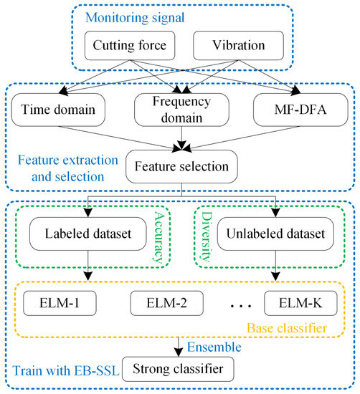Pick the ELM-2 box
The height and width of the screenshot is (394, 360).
(163, 302)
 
